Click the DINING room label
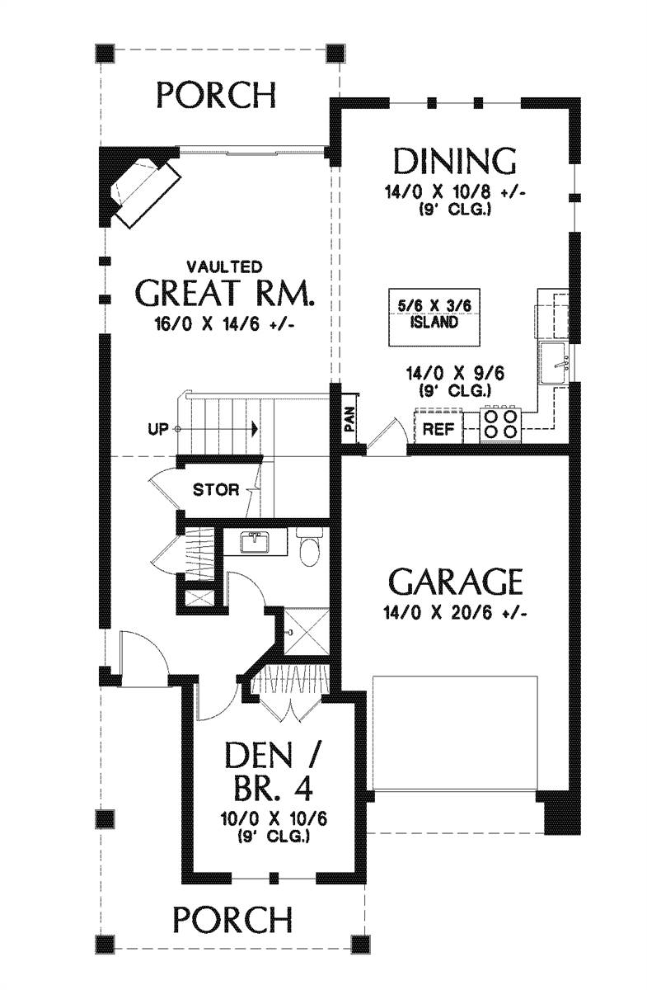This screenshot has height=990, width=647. coord(455,161)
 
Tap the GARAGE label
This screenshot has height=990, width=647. coord(455,582)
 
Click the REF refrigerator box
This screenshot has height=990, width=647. coord(438,428)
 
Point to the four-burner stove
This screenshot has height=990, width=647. coord(501,425)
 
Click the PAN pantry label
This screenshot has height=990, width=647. coord(349,422)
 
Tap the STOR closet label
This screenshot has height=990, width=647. coord(217,490)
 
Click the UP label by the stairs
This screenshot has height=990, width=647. coord(158,429)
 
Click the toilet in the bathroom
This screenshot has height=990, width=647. coord(309,547)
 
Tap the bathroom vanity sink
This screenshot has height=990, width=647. coord(256,542)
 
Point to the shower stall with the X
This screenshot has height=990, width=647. coord(306,633)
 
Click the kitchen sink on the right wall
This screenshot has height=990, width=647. coord(554,363)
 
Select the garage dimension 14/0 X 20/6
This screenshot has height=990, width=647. coord(455,613)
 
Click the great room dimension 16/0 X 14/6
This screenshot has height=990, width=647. coord(225,325)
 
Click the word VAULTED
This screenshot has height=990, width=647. coord(224,267)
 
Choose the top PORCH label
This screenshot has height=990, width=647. coord(217,95)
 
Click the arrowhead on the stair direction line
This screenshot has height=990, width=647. coord(255,429)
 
